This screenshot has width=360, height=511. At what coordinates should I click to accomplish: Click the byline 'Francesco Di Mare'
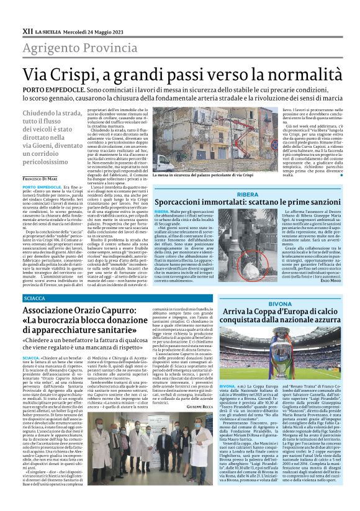tap(42, 178)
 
